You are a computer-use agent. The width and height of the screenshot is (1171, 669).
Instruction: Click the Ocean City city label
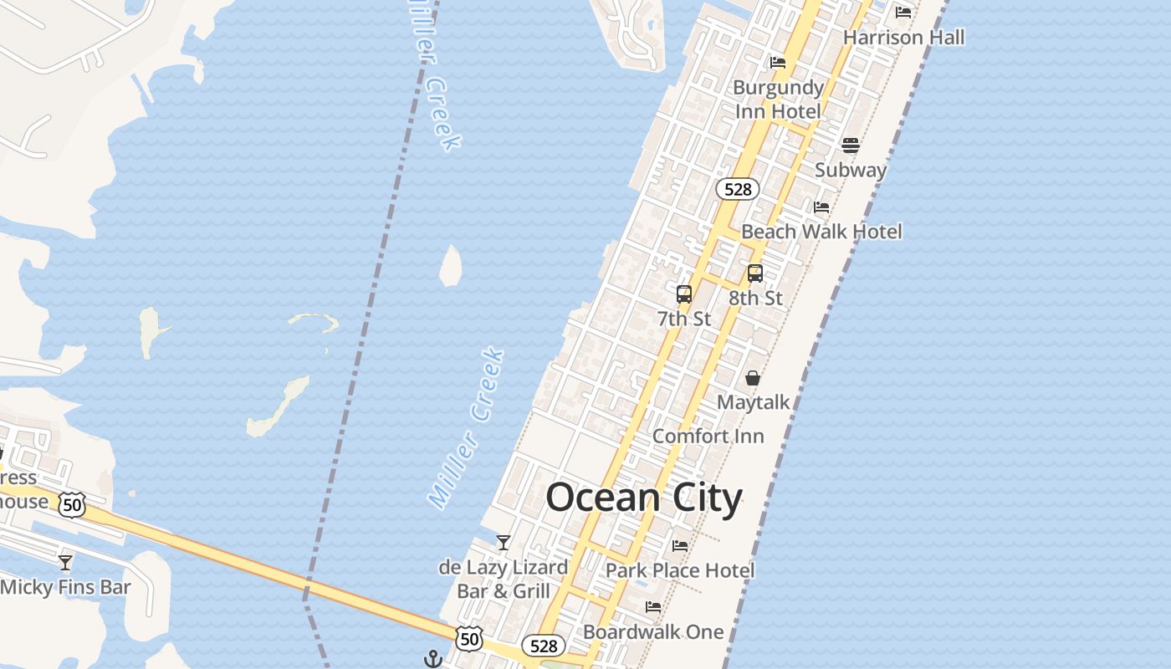click(x=644, y=498)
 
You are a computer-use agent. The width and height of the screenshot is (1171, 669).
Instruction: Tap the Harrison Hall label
click(x=903, y=38)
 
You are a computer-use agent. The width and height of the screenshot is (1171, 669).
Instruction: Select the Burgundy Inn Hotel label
click(x=778, y=99)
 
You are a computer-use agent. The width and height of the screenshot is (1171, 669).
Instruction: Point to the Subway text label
click(x=850, y=170)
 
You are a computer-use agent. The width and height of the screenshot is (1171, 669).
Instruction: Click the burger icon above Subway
click(x=851, y=146)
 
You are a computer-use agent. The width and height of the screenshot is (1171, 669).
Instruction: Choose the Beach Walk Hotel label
click(x=821, y=232)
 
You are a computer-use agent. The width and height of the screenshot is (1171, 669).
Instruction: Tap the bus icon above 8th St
click(x=755, y=273)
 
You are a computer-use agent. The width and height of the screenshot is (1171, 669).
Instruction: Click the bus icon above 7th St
click(x=684, y=294)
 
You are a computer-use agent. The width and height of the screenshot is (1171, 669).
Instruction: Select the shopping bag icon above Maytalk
click(x=753, y=378)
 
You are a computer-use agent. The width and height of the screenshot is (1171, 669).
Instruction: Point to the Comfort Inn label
click(x=708, y=437)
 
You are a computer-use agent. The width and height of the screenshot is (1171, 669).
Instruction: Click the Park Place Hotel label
click(x=679, y=570)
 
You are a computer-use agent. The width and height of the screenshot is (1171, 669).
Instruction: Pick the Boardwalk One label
click(x=652, y=631)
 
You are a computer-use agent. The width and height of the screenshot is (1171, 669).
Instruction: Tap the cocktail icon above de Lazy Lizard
click(x=504, y=543)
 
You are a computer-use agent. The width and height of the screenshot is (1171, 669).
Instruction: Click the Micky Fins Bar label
click(x=65, y=587)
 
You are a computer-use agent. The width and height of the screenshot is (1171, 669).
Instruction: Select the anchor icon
click(x=432, y=659)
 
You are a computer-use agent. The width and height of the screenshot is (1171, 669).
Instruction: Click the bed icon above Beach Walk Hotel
click(x=821, y=207)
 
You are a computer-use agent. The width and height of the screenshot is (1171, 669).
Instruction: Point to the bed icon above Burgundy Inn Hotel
click(x=778, y=63)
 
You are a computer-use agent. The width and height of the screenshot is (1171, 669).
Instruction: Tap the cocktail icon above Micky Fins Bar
click(x=65, y=562)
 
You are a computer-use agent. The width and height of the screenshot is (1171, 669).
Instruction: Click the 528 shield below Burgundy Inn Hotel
click(x=737, y=189)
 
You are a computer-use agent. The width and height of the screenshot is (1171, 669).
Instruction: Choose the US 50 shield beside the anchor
click(x=468, y=639)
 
